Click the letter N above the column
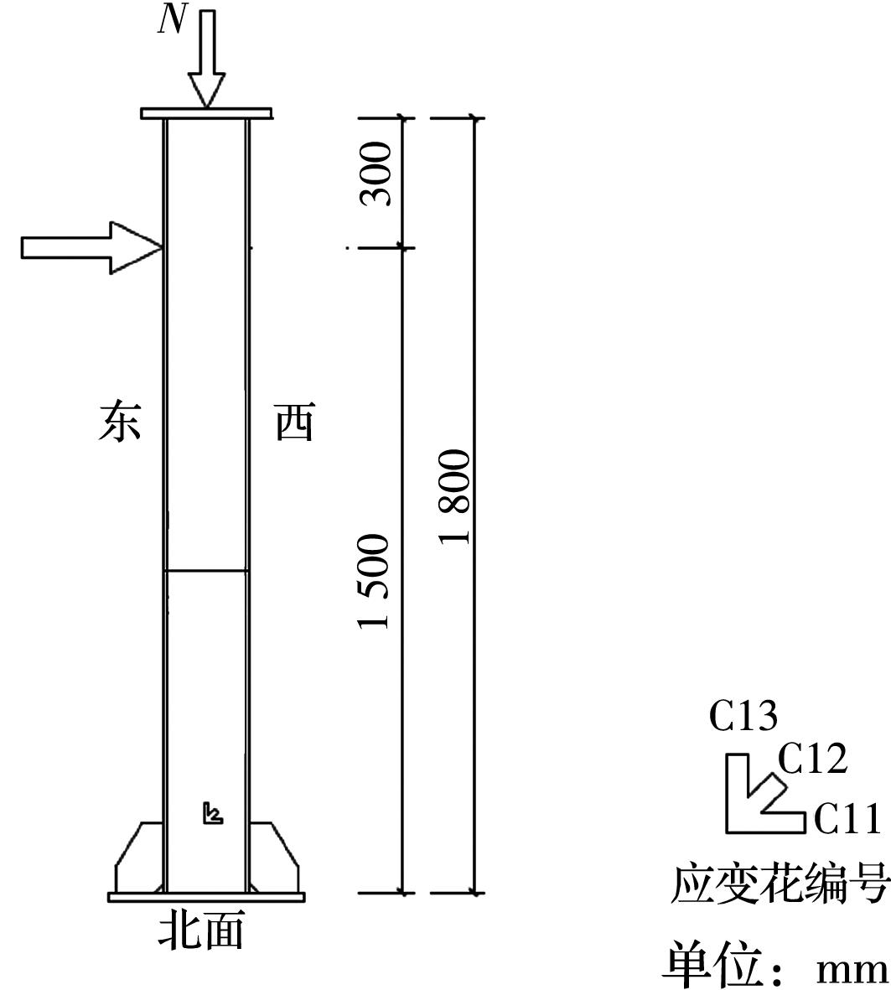click(x=173, y=21)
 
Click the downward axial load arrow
click(x=206, y=59)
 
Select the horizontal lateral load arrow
click(x=92, y=247)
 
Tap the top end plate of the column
click(x=206, y=114)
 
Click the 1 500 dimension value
click(x=374, y=581)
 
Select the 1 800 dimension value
click(x=455, y=497)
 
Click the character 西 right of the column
click(x=295, y=421)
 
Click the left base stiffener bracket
click(x=139, y=858)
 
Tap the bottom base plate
click(x=206, y=897)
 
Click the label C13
click(x=743, y=716)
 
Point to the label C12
click(x=812, y=759)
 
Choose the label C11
click(x=847, y=819)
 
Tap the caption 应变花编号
click(x=780, y=884)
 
